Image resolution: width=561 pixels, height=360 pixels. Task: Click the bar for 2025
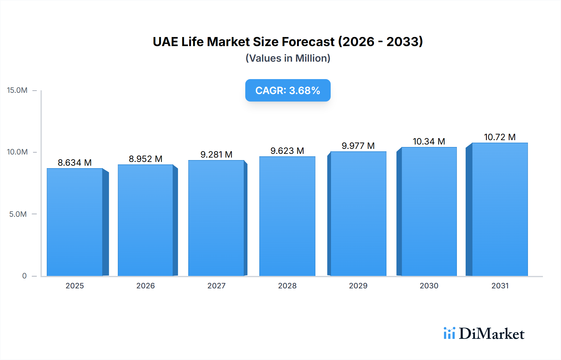[x=75, y=222]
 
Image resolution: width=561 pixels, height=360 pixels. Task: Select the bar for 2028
[x=287, y=216]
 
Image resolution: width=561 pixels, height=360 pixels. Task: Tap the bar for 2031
[x=500, y=209]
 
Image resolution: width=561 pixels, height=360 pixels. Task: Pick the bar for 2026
[x=146, y=220]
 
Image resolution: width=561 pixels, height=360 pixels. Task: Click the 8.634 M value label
[x=74, y=163]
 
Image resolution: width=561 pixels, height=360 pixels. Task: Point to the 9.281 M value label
[x=216, y=154]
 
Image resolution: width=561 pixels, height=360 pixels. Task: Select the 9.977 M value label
[x=358, y=146]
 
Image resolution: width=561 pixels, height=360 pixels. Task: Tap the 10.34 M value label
[x=429, y=141]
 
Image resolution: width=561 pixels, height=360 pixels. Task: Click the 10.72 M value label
[x=500, y=137]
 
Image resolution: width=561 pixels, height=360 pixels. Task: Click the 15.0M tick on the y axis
[x=17, y=90]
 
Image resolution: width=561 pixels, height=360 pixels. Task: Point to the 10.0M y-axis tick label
[x=17, y=152]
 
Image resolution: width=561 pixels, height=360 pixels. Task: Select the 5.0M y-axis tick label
[x=18, y=214]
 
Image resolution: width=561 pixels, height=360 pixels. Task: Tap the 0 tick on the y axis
[x=24, y=276]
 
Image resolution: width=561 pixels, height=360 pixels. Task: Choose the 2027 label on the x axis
[x=216, y=286]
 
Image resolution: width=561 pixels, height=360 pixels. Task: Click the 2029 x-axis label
[x=358, y=286]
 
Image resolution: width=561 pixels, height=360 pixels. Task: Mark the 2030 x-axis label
[x=429, y=286]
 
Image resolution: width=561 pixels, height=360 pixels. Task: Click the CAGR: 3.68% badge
[x=288, y=90]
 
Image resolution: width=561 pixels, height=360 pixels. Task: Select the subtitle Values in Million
[x=288, y=58]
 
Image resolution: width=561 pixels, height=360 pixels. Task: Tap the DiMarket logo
[x=484, y=334]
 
